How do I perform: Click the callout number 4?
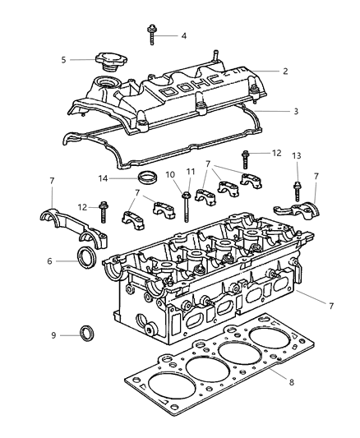coord(184,35)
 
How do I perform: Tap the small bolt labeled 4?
coord(154,34)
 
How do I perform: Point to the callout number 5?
coord(63,59)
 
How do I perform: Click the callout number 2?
coord(284,71)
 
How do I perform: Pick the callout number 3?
coord(284,111)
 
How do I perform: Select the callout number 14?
coord(103,178)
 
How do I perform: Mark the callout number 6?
coord(51,261)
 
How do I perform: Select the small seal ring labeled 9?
coord(86,334)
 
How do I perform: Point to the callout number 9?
coord(53,335)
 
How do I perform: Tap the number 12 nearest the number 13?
coord(276,154)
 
